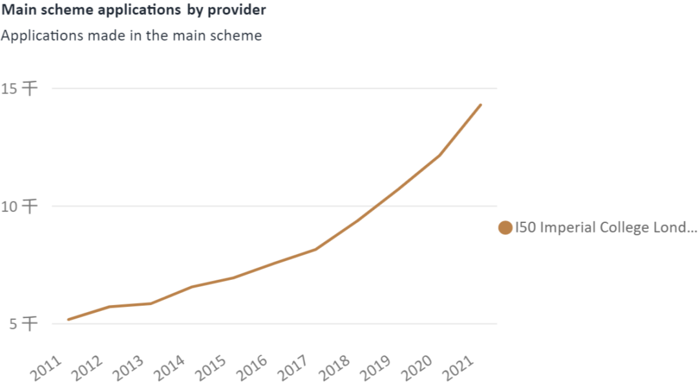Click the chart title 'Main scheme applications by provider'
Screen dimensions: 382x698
(133, 10)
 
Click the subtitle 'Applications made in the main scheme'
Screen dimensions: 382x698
(131, 36)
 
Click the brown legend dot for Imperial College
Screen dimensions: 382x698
(505, 228)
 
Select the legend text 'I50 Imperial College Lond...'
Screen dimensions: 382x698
(606, 228)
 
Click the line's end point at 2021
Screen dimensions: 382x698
(480, 105)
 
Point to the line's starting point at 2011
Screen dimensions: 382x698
(68, 319)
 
